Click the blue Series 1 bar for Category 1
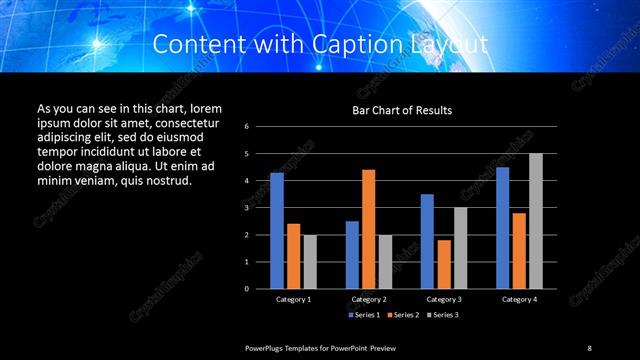click(x=277, y=230)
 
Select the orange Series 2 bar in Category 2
click(x=368, y=229)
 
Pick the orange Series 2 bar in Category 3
click(x=443, y=264)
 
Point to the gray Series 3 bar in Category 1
click(x=309, y=261)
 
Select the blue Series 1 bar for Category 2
click(x=352, y=254)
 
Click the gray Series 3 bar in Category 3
click(x=460, y=247)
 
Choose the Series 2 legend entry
click(x=401, y=315)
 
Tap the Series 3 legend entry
click(x=441, y=315)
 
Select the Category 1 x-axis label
click(x=293, y=299)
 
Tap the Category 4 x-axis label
click(x=518, y=299)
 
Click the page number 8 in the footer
click(x=589, y=347)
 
